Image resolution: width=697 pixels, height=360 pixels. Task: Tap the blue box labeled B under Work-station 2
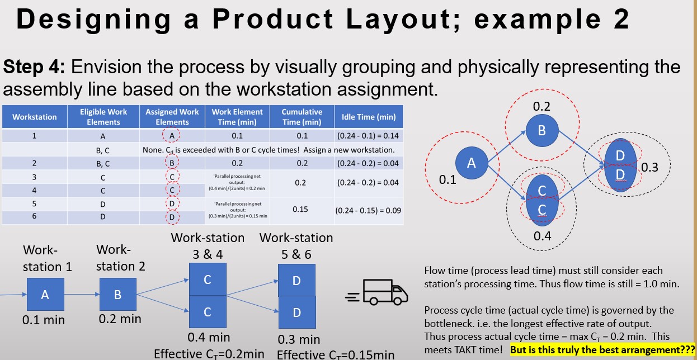[x=117, y=294]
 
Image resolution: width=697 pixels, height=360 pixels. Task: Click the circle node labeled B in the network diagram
[x=541, y=130]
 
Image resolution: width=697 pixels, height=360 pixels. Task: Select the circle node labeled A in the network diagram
[x=472, y=163]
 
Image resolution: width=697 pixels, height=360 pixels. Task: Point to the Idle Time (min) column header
[x=368, y=117]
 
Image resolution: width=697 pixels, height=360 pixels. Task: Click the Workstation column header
[x=35, y=117]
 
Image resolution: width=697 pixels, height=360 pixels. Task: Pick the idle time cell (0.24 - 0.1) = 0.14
[x=368, y=135]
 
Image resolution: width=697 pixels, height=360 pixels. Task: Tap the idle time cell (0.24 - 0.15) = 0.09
[x=368, y=211]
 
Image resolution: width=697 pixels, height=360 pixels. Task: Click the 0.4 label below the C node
[x=542, y=236]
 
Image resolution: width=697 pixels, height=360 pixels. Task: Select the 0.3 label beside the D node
[x=650, y=167]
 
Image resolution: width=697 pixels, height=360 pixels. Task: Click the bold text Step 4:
[x=35, y=67]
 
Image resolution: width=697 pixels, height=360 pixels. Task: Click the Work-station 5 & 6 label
[x=296, y=246]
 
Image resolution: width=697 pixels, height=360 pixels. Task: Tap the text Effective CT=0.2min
[x=209, y=353]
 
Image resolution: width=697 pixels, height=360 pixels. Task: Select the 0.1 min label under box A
[x=44, y=320]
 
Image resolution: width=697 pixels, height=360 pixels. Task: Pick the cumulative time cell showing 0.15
[x=301, y=208]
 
